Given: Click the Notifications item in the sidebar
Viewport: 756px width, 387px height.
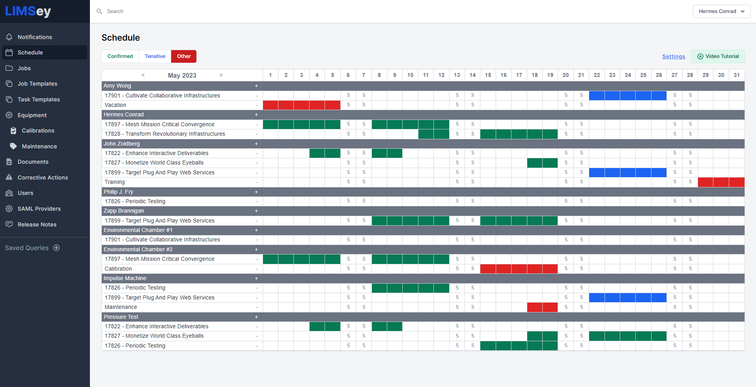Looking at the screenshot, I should click(35, 37).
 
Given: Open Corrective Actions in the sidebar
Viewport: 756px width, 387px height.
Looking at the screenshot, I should click(43, 178).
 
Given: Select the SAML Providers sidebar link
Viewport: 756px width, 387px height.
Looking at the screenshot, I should click(39, 209).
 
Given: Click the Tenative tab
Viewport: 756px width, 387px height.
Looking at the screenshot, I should click(155, 56).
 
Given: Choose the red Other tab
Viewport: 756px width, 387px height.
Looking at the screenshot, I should click(184, 56).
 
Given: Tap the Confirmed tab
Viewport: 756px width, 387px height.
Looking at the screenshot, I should click(120, 56).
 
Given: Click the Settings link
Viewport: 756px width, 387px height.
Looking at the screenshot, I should click(674, 56).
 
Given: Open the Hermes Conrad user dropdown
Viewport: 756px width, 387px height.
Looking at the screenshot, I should click(721, 11).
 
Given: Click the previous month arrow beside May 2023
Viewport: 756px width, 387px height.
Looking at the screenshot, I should click(143, 75).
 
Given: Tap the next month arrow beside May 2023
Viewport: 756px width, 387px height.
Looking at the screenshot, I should click(221, 75).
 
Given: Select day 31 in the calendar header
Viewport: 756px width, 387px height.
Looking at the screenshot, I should click(737, 75).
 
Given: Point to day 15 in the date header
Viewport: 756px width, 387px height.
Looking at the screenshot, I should click(488, 75).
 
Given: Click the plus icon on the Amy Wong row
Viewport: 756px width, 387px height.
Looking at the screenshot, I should click(256, 86).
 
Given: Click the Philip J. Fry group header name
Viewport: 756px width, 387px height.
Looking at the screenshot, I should click(118, 192).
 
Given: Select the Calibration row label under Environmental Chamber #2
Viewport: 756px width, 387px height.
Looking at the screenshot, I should click(118, 269).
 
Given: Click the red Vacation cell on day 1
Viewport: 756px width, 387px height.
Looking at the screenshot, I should click(271, 105).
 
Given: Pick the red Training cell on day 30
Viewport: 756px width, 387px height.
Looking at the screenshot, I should click(721, 182).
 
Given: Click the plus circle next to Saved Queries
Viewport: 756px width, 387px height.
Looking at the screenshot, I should click(56, 248).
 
